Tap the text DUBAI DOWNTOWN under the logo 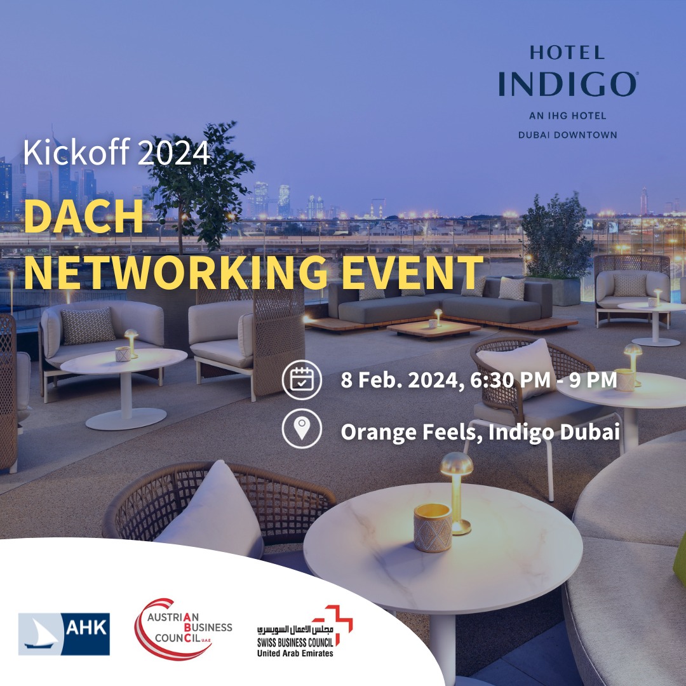(x=568, y=134)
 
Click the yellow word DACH (x=83, y=218)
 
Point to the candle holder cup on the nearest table (x=433, y=527)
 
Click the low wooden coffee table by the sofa (x=434, y=328)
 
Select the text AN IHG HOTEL (x=568, y=116)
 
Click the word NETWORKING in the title (x=175, y=273)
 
